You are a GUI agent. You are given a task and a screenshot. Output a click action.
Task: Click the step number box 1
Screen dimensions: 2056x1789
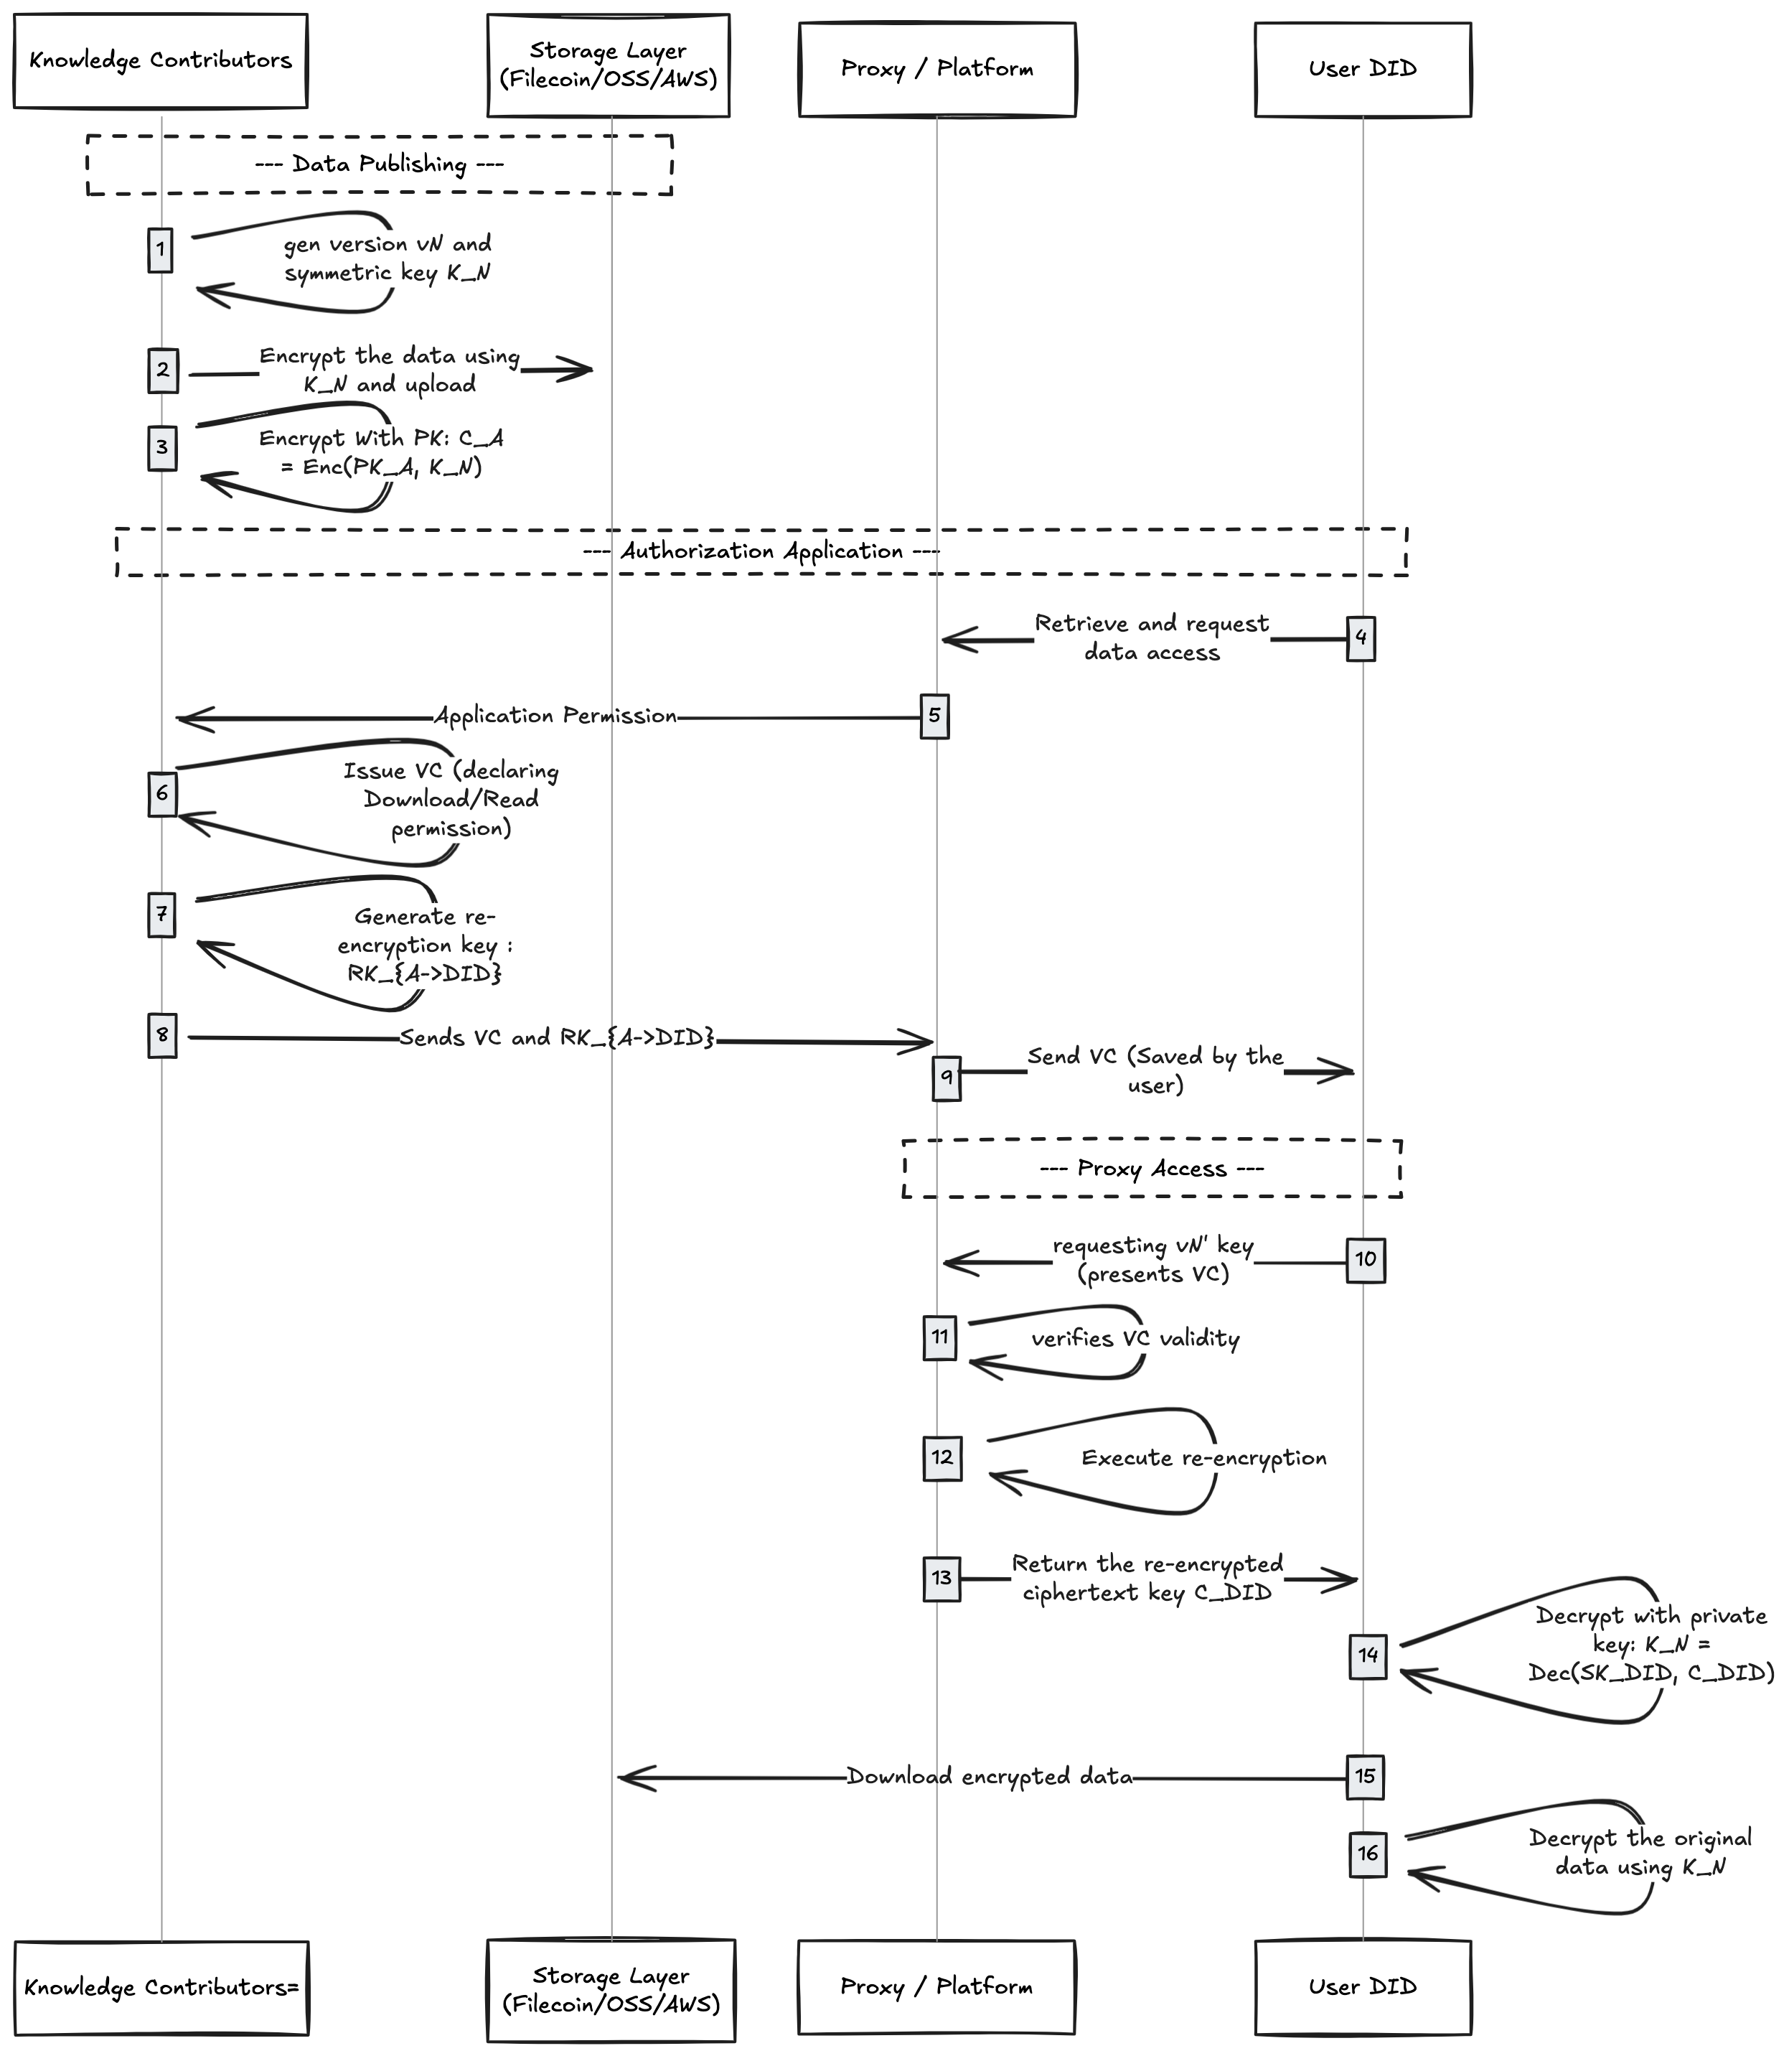click(160, 250)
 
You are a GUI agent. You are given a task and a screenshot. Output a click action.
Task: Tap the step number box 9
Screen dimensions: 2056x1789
click(947, 1078)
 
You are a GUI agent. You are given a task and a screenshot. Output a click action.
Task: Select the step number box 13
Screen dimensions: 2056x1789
click(942, 1579)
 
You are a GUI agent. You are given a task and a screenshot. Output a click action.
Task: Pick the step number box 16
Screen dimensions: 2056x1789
click(1367, 1854)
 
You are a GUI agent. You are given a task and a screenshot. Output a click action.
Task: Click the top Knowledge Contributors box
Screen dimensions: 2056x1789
click(160, 61)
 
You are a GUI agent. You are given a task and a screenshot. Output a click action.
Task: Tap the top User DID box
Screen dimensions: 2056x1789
click(1362, 69)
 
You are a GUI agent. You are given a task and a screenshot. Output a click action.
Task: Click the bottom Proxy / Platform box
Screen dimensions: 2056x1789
click(936, 1987)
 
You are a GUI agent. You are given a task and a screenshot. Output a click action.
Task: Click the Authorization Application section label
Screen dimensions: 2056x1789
click(761, 551)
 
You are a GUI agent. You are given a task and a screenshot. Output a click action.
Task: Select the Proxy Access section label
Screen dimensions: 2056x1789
click(1151, 1168)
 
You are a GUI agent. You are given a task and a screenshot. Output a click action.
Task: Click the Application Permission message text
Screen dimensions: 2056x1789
click(555, 716)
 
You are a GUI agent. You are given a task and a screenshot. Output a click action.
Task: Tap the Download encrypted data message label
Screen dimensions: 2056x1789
click(990, 1777)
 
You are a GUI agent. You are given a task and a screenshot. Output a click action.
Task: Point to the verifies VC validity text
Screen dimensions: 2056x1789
click(1135, 1338)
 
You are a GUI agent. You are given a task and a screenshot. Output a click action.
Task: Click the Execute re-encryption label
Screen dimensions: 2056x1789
click(1204, 1458)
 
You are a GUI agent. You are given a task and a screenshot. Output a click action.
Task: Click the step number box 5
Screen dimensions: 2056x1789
click(934, 716)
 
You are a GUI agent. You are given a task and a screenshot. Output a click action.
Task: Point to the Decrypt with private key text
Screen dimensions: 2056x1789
click(1651, 1644)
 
